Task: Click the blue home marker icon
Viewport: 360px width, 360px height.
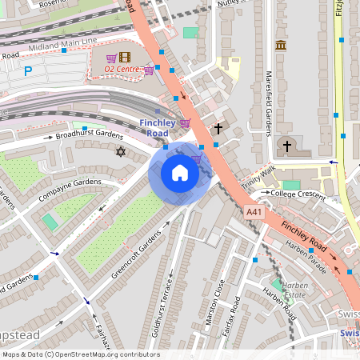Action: pyautogui.click(x=180, y=173)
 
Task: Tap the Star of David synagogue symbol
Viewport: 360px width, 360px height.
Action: pyautogui.click(x=122, y=151)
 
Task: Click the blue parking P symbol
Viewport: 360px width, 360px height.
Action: pyautogui.click(x=28, y=71)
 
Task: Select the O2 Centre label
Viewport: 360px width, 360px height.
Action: pyautogui.click(x=122, y=70)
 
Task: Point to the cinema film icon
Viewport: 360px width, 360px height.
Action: pyautogui.click(x=124, y=56)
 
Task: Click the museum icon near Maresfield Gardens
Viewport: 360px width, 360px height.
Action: pyautogui.click(x=281, y=46)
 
